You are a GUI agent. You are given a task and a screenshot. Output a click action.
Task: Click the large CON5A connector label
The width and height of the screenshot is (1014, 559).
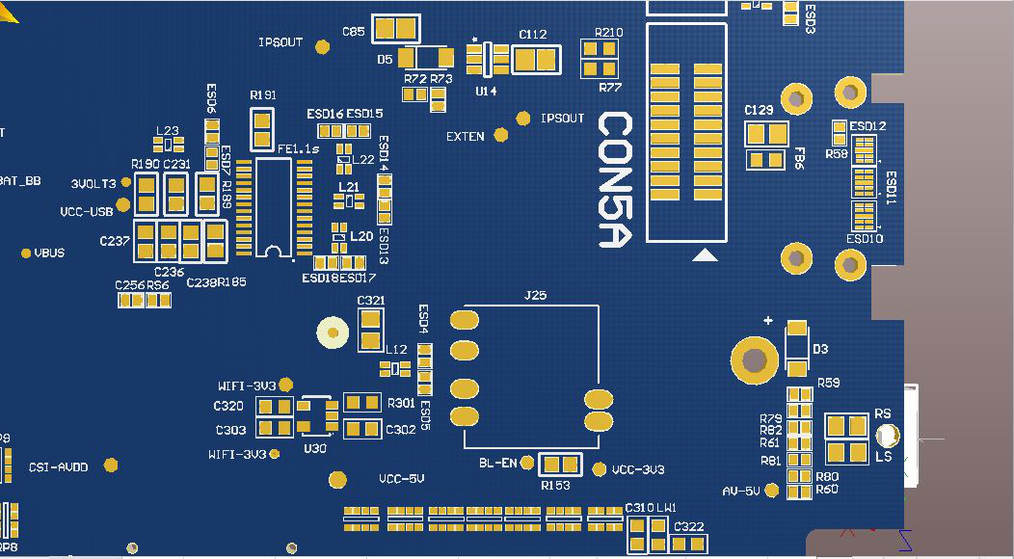(x=615, y=180)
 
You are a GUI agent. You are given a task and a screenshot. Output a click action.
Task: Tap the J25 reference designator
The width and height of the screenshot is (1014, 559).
(x=534, y=295)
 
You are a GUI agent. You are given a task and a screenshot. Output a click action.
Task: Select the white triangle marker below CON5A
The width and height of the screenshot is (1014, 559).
(x=706, y=255)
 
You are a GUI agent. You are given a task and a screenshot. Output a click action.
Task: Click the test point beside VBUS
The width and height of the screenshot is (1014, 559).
(x=26, y=253)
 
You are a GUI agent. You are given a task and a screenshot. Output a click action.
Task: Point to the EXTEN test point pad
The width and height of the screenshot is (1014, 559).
(x=500, y=136)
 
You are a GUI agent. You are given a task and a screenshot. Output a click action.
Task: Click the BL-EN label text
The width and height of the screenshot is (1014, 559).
(x=498, y=464)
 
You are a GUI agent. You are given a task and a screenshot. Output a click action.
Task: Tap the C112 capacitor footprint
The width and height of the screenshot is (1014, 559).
(x=532, y=61)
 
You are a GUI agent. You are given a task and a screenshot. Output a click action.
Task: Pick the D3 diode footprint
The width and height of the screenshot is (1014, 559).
(x=796, y=349)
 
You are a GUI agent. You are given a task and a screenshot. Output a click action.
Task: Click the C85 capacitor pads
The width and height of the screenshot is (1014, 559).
(x=396, y=30)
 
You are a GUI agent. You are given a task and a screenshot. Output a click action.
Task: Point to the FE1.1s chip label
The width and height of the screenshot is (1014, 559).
(x=298, y=149)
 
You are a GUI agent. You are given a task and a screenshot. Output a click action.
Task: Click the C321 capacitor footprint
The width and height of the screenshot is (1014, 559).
(x=370, y=329)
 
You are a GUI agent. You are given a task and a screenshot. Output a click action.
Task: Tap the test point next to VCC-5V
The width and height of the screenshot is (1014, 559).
(x=337, y=479)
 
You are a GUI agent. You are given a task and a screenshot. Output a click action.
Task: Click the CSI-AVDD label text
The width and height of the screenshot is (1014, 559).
(x=58, y=466)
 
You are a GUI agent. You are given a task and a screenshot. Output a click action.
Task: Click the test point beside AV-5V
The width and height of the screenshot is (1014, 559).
(x=772, y=491)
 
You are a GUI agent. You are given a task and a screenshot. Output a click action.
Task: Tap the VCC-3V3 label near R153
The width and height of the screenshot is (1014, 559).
(x=638, y=470)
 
